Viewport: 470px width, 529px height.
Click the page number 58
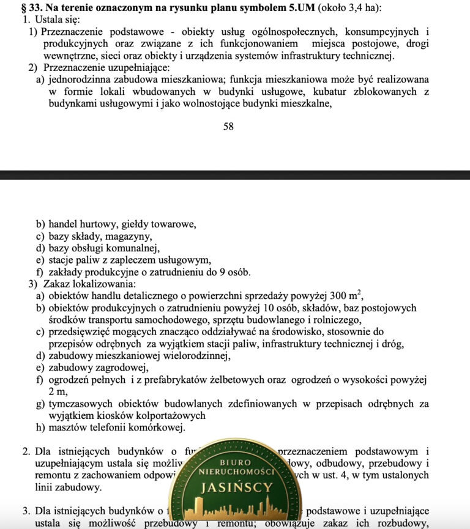coord(228,127)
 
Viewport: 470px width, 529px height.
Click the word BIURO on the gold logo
coord(236,462)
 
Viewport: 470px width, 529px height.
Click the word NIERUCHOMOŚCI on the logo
coord(236,473)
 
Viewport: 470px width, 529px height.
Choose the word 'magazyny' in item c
coord(129,236)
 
